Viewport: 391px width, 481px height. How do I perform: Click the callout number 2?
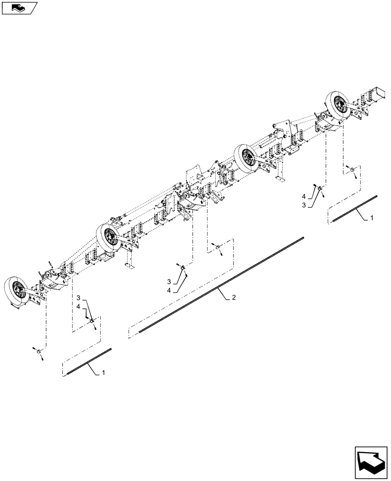click(234, 298)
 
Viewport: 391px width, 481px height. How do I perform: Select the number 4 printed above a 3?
click(303, 196)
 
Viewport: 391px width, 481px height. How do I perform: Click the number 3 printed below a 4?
click(303, 205)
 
